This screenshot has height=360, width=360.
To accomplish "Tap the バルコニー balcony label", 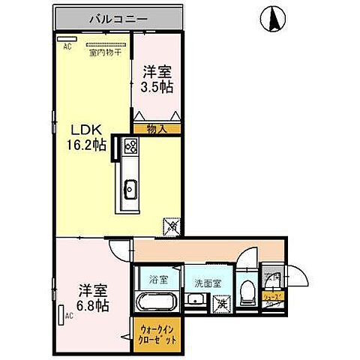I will (119, 16).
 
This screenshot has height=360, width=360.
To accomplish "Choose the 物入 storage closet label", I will (156, 128).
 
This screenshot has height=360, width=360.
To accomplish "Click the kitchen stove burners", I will (129, 146).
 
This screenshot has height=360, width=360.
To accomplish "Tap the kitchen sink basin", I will (129, 189).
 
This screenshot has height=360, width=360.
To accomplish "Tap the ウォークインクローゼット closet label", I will (157, 331).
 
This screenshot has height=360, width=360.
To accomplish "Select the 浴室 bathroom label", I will (157, 280).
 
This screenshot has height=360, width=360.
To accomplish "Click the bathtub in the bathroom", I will (157, 304).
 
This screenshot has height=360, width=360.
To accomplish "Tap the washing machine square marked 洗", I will (220, 304).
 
